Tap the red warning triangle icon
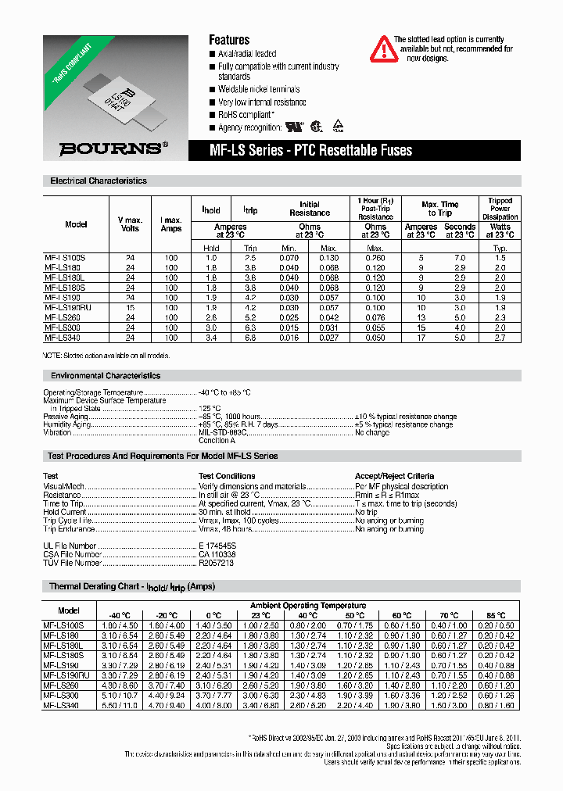(382, 48)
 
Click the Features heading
(228, 40)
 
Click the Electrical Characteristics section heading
(99, 181)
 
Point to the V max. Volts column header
(130, 224)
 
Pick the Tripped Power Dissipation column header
(500, 209)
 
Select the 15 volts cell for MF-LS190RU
(130, 308)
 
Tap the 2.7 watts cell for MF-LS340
(500, 338)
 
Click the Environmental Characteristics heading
(105, 376)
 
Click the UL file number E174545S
(217, 546)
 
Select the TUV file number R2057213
(216, 563)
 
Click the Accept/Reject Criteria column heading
(394, 475)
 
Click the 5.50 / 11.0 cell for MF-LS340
(120, 706)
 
